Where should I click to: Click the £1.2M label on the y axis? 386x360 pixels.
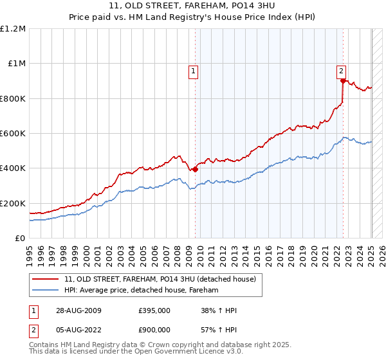(x=13, y=29)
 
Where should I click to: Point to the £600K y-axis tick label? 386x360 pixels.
(x=13, y=134)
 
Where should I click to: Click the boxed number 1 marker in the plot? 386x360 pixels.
(x=194, y=72)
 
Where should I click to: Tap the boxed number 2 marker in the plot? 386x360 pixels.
(x=341, y=72)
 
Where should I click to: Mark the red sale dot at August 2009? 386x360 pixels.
(x=196, y=169)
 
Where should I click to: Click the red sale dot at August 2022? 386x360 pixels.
(x=343, y=81)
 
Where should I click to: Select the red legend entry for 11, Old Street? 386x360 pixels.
(x=160, y=279)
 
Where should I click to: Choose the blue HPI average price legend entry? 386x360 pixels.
(x=142, y=290)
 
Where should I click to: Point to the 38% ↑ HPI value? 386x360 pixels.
(x=219, y=310)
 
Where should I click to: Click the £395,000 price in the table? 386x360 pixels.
(x=154, y=310)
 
